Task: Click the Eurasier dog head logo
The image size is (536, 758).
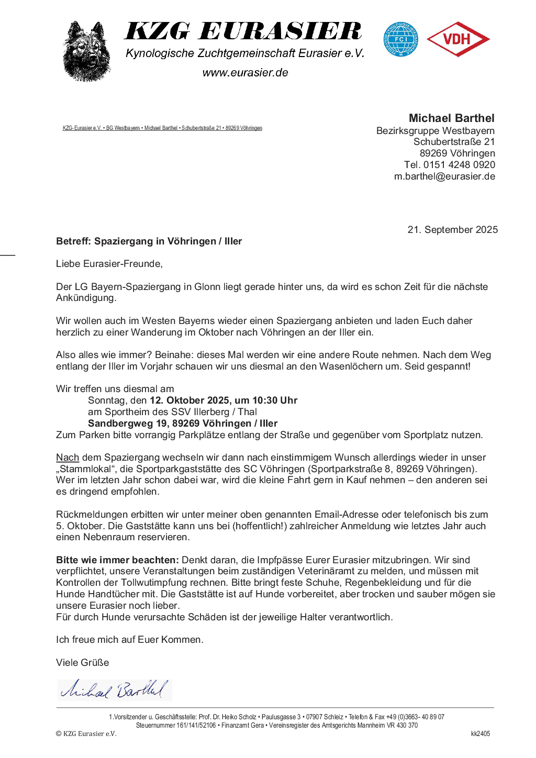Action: click(86, 51)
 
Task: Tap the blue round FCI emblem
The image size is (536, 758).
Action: click(400, 39)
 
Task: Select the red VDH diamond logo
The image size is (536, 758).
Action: click(458, 39)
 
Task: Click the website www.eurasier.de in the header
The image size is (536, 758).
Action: click(245, 73)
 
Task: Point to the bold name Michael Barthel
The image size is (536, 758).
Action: click(451, 118)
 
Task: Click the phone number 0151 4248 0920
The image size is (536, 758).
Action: click(459, 165)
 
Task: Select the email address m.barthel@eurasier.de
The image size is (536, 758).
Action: click(444, 176)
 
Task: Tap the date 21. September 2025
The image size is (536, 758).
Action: click(452, 230)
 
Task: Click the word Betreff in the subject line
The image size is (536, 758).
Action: click(73, 241)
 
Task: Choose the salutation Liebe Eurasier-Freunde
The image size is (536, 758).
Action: click(109, 264)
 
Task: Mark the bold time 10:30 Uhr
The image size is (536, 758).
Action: click(275, 400)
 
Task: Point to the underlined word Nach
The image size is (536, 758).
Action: click(68, 458)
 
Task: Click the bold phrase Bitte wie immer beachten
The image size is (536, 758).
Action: click(117, 560)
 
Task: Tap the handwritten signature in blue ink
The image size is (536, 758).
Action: click(114, 690)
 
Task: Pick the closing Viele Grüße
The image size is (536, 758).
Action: click(83, 663)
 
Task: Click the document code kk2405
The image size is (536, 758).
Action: click(480, 734)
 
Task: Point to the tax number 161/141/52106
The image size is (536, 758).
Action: click(196, 726)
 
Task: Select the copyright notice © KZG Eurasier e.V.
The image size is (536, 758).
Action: click(86, 734)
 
